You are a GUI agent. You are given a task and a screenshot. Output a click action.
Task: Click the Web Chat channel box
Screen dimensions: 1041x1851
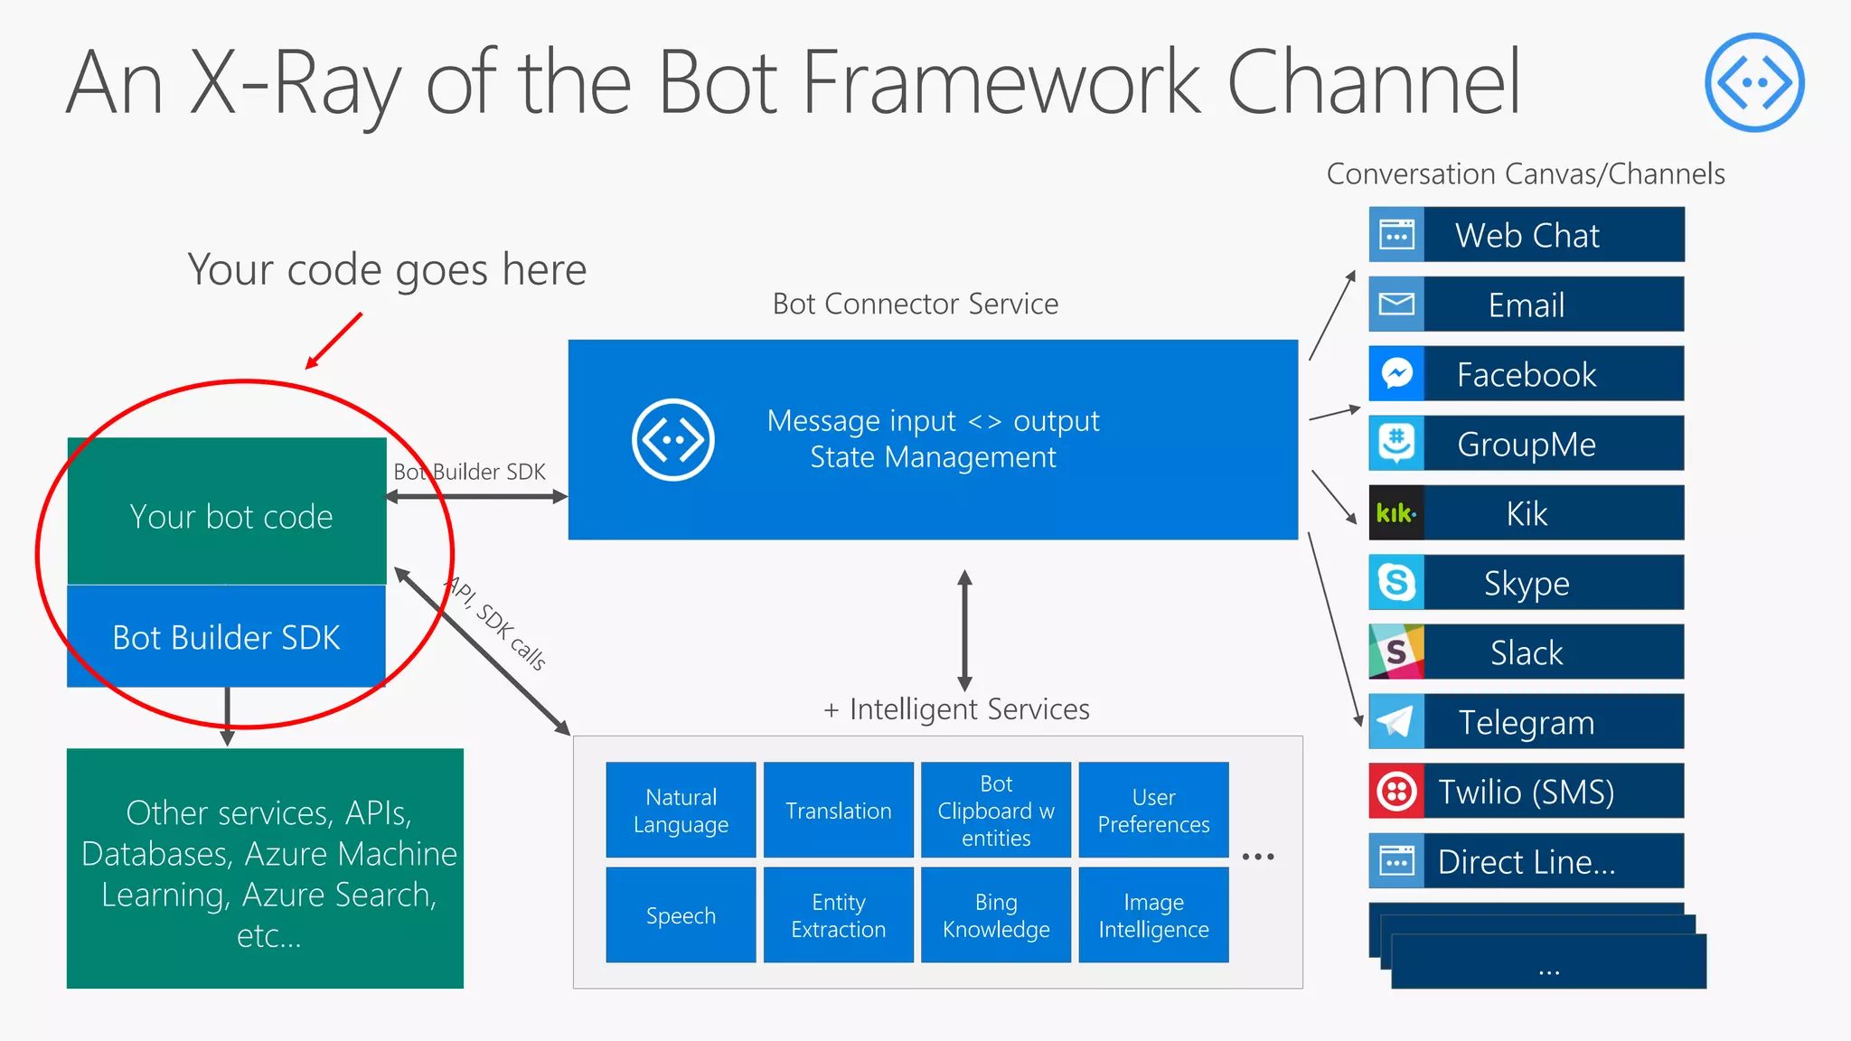coord(1526,235)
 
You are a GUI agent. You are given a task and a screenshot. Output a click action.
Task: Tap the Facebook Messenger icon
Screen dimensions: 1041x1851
coord(1396,374)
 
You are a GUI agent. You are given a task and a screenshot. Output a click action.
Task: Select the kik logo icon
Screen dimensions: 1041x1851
coord(1396,513)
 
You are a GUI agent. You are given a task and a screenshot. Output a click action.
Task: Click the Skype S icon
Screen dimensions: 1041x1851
coord(1396,583)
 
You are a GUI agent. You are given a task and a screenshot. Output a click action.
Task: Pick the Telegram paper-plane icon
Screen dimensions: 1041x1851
coord(1396,722)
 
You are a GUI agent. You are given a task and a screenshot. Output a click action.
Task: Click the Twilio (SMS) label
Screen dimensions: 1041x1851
coord(1526,792)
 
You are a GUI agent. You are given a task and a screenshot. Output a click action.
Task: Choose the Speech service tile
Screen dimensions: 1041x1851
coord(681,915)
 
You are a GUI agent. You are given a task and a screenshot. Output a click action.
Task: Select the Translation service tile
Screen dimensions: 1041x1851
coord(838,811)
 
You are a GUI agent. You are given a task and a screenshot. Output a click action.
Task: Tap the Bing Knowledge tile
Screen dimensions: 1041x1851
coord(996,915)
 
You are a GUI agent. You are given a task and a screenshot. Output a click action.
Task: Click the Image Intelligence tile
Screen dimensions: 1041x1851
coord(1153,915)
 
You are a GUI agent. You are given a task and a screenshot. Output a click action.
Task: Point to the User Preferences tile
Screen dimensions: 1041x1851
coord(1153,811)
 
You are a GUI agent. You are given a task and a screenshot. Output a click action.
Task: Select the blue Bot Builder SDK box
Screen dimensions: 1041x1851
coord(226,637)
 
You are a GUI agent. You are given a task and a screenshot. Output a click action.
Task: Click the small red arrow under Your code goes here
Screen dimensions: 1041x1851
coord(334,342)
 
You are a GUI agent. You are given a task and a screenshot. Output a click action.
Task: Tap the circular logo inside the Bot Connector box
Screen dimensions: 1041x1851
coord(672,440)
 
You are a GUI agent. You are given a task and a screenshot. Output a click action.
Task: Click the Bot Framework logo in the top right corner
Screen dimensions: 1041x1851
coord(1754,82)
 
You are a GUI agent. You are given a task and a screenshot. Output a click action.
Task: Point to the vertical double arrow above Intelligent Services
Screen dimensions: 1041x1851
coord(964,631)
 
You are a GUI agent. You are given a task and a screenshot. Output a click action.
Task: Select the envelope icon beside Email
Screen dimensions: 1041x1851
coord(1396,305)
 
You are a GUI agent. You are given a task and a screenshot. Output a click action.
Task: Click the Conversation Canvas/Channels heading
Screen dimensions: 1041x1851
coord(1526,173)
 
